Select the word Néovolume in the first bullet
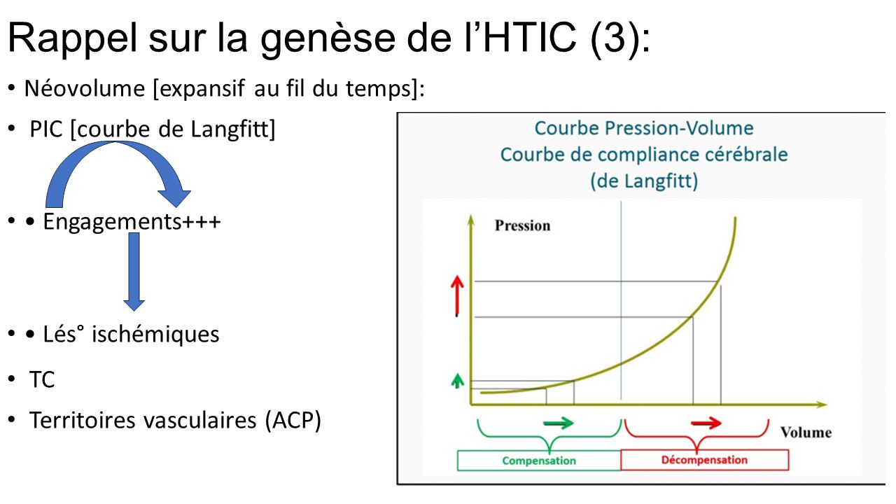coord(85,88)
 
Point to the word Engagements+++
coord(132,221)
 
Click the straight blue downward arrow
coord(134,272)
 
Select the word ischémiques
coord(155,335)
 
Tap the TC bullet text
coord(41,379)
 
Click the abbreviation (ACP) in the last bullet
coord(293,421)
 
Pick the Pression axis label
coord(522,225)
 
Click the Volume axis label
coord(806,433)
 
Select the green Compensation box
coord(539,461)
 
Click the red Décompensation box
coord(704,460)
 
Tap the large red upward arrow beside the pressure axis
coord(457,296)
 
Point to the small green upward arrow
coord(457,380)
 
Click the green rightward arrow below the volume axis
coord(559,423)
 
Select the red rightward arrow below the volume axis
coord(706,423)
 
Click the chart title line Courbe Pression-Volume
coord(644,128)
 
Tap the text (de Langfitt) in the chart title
coord(644,181)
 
